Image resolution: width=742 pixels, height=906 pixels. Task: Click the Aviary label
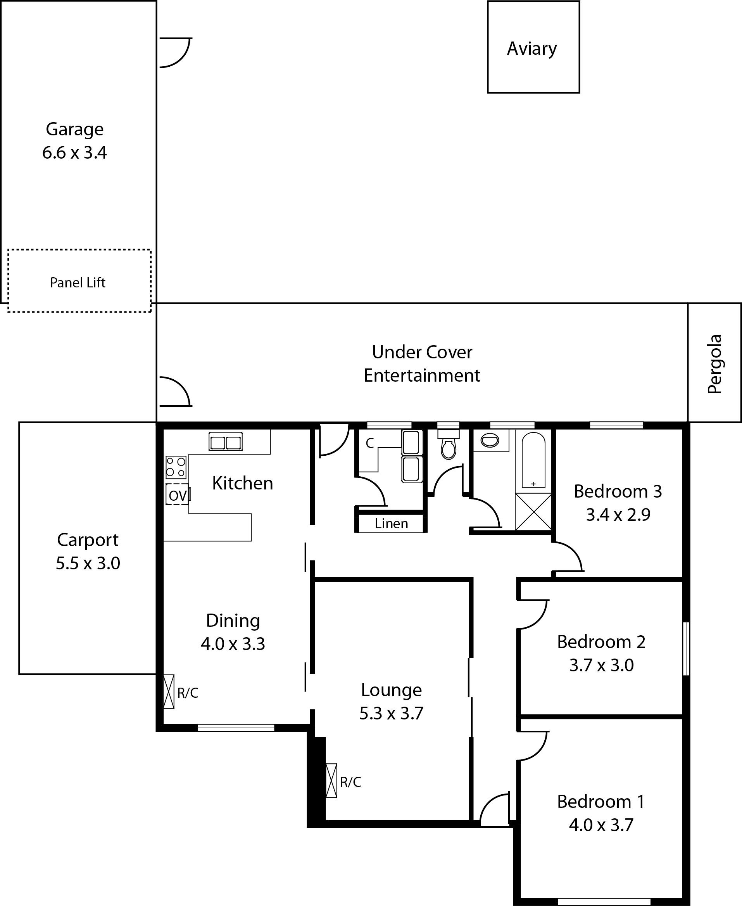coord(532,49)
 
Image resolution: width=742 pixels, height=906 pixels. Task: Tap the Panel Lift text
coord(78,283)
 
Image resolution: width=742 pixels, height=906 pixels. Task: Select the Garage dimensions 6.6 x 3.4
coord(74,153)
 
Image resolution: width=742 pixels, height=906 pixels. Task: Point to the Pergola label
coord(714,364)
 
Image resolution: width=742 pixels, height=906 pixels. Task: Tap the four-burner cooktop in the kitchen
coord(176,467)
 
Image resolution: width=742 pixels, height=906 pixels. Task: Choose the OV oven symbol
coord(178,494)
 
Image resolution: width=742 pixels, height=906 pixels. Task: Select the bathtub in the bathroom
coord(533,460)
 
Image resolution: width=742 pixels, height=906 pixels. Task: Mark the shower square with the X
coord(533,512)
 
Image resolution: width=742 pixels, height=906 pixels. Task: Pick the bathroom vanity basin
coord(490,440)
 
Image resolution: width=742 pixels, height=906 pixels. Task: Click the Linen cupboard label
coord(392,523)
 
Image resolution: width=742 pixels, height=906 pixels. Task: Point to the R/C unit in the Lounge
coord(331,781)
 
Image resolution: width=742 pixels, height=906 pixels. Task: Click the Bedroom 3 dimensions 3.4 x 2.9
coord(618,515)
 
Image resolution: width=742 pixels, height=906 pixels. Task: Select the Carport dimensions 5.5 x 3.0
coord(88,564)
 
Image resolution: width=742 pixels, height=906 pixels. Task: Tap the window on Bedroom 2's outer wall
coord(686,648)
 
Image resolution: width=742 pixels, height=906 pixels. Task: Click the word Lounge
coord(392,690)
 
